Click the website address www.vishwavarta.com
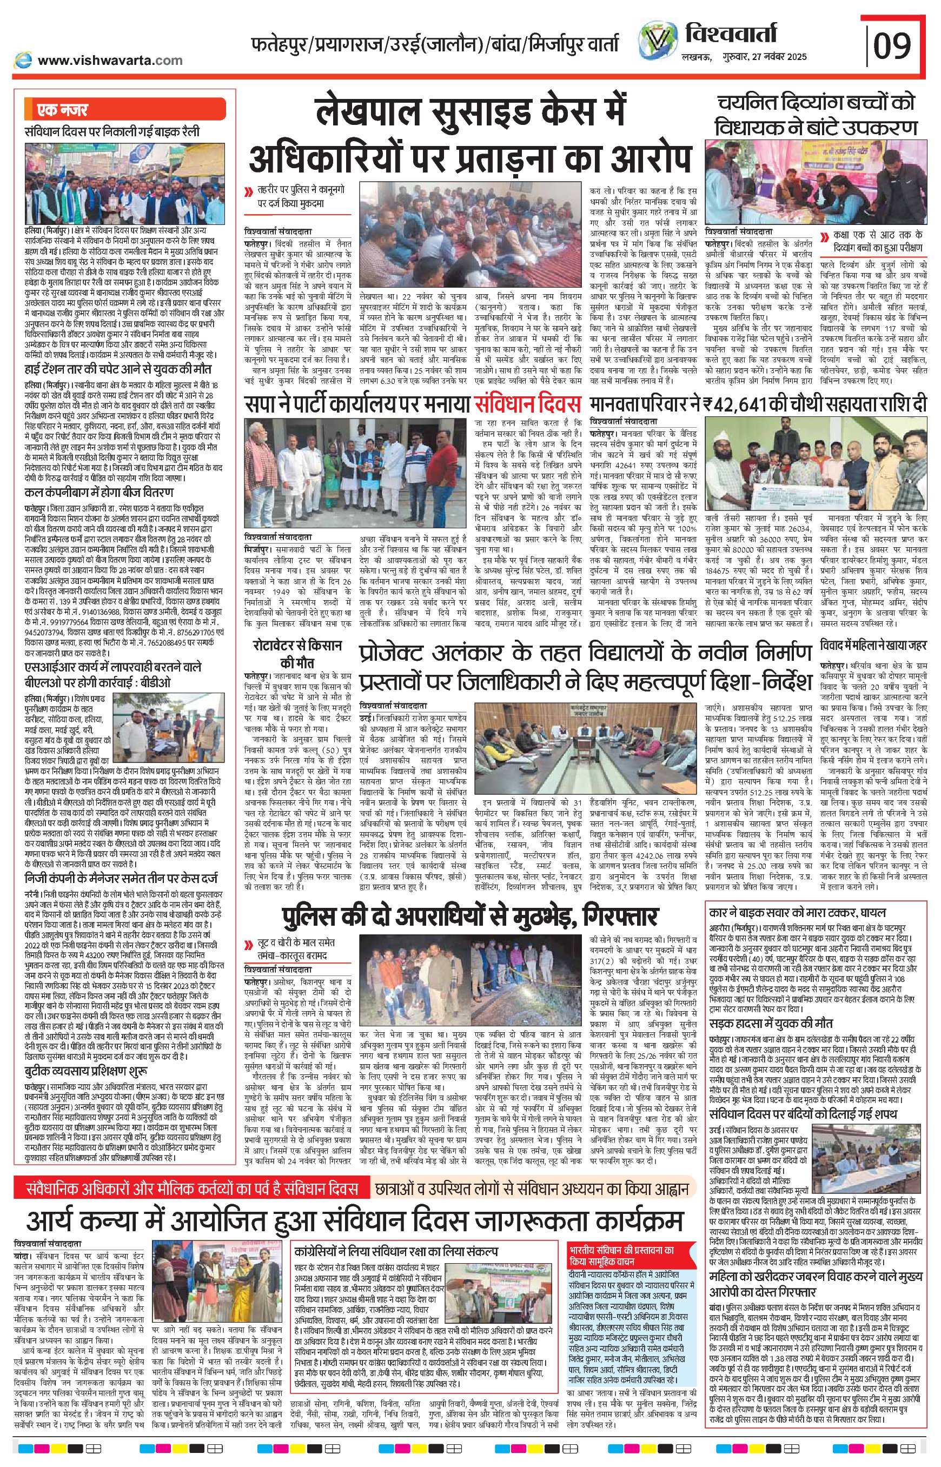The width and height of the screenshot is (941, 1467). pyautogui.click(x=110, y=60)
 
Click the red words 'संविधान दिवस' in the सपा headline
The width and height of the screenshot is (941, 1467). pyautogui.click(x=526, y=404)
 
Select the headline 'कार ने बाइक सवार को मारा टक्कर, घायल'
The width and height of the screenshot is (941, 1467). pyautogui.click(x=797, y=912)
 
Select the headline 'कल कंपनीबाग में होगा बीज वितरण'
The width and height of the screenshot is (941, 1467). pyautogui.click(x=100, y=493)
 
